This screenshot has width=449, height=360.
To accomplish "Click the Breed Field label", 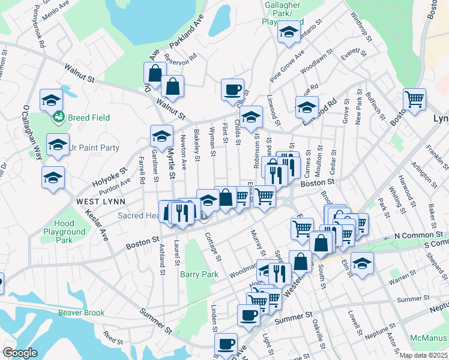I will pyautogui.click(x=88, y=118).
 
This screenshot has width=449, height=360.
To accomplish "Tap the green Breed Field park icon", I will pyautogui.click(x=59, y=117).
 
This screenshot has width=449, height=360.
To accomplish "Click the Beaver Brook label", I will pyautogui.click(x=81, y=313).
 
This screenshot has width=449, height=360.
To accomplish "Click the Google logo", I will pyautogui.click(x=20, y=353).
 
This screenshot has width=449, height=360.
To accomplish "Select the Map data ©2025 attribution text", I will pyautogui.click(x=424, y=355).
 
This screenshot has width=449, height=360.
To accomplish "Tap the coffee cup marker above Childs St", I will pyautogui.click(x=232, y=90).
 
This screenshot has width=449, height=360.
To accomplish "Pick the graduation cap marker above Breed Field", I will pyautogui.click(x=52, y=100).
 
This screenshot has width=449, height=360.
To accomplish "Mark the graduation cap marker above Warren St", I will pyautogui.click(x=362, y=263).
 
